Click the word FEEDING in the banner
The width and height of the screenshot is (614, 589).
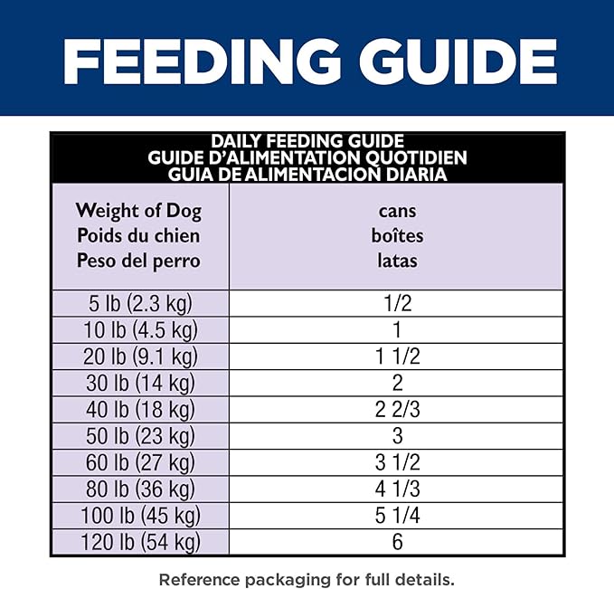click(202, 62)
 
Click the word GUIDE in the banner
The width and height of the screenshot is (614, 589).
click(458, 62)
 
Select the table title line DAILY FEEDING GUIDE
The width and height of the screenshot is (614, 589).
click(307, 142)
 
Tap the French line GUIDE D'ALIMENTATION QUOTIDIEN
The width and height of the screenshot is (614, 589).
click(307, 157)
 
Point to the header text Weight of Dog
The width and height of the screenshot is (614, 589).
click(138, 212)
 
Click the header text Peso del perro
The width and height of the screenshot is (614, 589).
click(138, 261)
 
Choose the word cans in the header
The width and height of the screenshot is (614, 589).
click(397, 212)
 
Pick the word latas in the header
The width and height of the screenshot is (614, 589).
click(397, 261)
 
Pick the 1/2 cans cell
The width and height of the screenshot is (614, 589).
click(397, 302)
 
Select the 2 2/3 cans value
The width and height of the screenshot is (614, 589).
click(397, 409)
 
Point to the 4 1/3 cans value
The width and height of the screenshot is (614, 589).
click(397, 489)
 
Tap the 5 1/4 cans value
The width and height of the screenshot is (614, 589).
click(397, 517)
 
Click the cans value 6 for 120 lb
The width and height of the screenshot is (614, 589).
click(397, 543)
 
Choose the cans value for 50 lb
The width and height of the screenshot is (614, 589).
click(397, 436)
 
